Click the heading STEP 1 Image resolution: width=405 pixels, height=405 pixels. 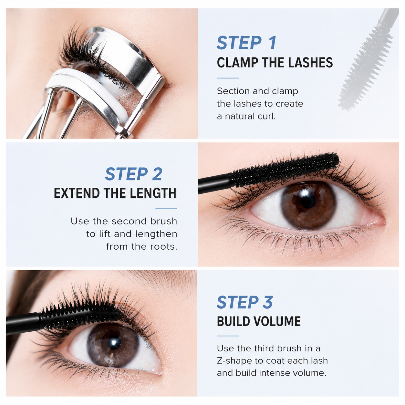pos(246,43)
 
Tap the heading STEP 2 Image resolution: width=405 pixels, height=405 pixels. pos(134,174)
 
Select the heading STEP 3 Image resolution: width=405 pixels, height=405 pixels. pos(244,302)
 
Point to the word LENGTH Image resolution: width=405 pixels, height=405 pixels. pos(153,193)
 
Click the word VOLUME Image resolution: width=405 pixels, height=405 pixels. pos(277,321)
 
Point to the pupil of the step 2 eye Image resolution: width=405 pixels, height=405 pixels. pos(308,201)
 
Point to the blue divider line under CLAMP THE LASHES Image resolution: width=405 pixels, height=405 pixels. pos(228,78)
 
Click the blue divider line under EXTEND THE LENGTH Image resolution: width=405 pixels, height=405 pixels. pos(166,209)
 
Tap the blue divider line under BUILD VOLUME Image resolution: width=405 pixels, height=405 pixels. pos(228,336)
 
